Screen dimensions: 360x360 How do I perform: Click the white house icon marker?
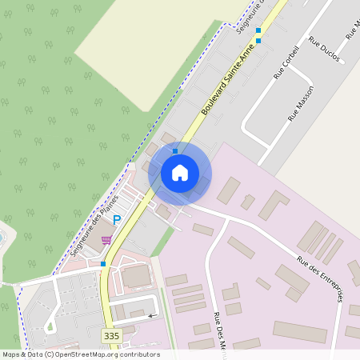click(x=180, y=172)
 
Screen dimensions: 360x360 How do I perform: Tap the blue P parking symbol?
click(x=117, y=220)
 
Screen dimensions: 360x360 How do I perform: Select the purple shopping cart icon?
click(x=106, y=239)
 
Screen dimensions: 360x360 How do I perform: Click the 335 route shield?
click(x=111, y=336)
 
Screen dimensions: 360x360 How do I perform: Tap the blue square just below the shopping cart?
click(x=102, y=263)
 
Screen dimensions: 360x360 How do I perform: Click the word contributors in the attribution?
click(x=141, y=354)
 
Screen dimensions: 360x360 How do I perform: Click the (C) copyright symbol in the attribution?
click(x=50, y=354)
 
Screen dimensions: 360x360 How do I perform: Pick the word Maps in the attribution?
click(x=11, y=354)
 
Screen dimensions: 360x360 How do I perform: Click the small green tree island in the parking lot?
click(x=52, y=324)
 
